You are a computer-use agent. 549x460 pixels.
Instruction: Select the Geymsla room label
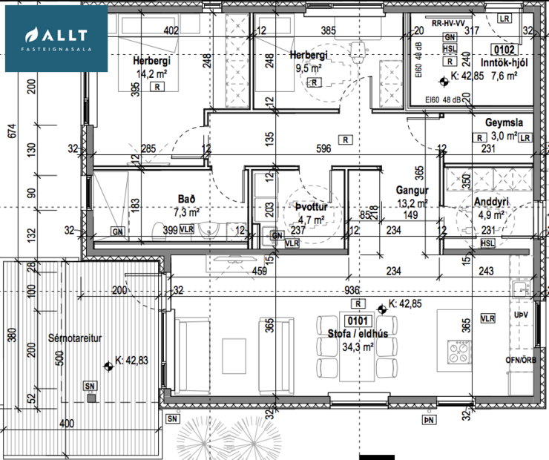click(504, 123)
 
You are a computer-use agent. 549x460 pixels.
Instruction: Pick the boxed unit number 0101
click(358, 321)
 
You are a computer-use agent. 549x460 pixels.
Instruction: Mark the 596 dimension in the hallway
click(323, 148)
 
